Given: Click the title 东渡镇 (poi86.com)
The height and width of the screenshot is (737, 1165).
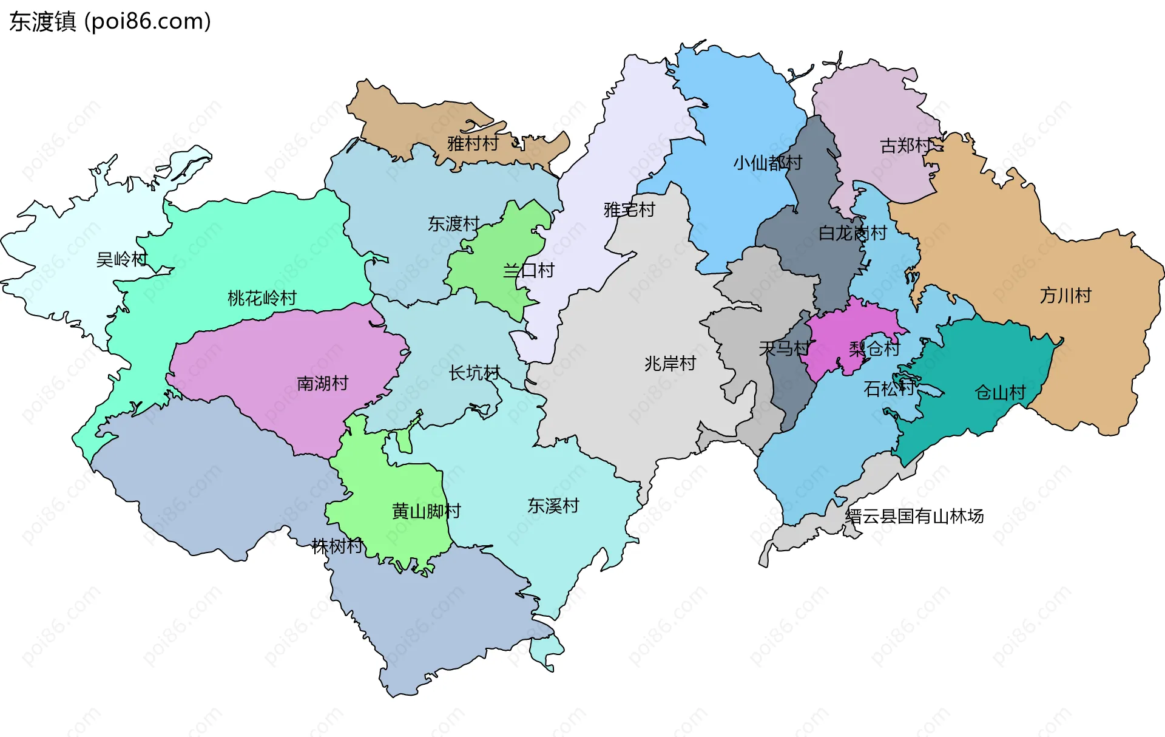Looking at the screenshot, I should click(x=110, y=21).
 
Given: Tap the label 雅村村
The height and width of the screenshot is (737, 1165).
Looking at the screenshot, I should click(x=473, y=144).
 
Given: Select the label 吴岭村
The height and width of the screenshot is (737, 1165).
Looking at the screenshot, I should click(x=122, y=260).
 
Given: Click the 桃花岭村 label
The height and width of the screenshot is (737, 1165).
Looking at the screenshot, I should click(x=262, y=298).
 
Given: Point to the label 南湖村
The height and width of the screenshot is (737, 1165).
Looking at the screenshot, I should click(x=322, y=384).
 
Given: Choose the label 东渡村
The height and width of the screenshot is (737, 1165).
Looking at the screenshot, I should click(x=453, y=224).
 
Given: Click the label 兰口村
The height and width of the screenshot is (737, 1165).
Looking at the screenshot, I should click(x=528, y=271).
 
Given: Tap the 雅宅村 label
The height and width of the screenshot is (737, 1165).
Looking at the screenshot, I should click(x=629, y=210).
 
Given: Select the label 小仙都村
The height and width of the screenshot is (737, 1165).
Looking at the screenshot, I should click(x=767, y=163).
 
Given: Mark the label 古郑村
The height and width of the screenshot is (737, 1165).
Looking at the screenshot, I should click(x=906, y=146).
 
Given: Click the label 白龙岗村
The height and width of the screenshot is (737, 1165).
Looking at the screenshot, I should click(x=852, y=233).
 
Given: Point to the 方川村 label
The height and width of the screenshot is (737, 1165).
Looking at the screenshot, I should click(x=1065, y=296).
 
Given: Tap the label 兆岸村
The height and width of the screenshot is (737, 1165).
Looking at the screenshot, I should click(x=670, y=364).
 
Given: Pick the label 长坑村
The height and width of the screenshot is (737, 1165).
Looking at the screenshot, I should click(x=474, y=373).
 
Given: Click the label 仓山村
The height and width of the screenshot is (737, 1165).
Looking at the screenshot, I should click(x=999, y=393).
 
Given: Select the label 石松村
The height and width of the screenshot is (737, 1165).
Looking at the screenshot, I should click(x=888, y=389).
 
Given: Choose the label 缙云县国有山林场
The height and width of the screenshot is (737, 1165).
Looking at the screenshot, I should click(x=914, y=517).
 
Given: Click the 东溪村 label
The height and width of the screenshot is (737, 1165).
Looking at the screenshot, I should click(x=553, y=506).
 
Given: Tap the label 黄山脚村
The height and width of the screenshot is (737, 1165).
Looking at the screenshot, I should click(x=426, y=511).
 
